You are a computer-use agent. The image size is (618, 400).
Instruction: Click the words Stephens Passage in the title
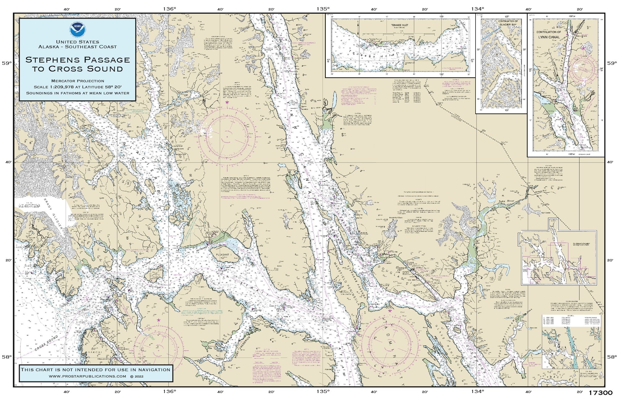tap(78, 59)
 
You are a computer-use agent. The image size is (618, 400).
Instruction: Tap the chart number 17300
tap(600, 393)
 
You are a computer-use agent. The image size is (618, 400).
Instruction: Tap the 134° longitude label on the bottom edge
tap(477, 392)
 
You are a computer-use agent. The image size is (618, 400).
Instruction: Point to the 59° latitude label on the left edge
tap(7, 63)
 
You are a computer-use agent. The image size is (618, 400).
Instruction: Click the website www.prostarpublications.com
tap(87, 376)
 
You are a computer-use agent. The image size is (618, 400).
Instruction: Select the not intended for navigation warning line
tap(95, 369)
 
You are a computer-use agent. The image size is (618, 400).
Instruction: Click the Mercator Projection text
tap(78, 81)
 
